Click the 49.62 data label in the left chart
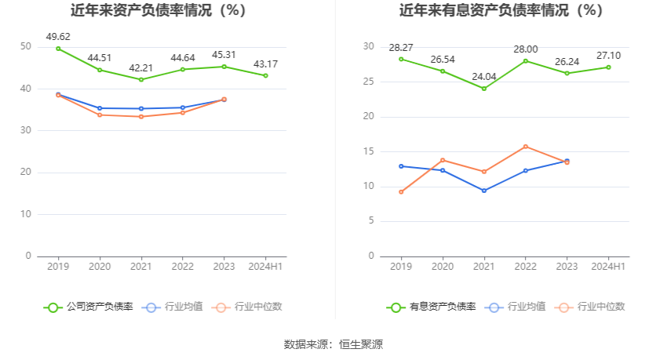[58, 37]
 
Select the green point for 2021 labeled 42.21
[141, 79]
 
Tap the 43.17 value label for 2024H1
[265, 64]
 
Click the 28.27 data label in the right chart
[401, 47]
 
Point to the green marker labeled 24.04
[484, 89]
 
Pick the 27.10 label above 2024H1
[608, 56]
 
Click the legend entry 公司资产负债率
[89, 307]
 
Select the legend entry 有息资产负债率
[432, 307]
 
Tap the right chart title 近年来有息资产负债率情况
[501, 11]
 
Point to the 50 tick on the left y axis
[26, 47]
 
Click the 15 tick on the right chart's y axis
[368, 151]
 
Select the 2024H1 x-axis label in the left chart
[265, 267]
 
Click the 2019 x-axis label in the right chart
[401, 267]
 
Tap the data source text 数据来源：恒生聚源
[333, 344]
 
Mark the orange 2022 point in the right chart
[526, 146]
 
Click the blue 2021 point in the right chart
[484, 191]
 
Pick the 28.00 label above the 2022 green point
[526, 49]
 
